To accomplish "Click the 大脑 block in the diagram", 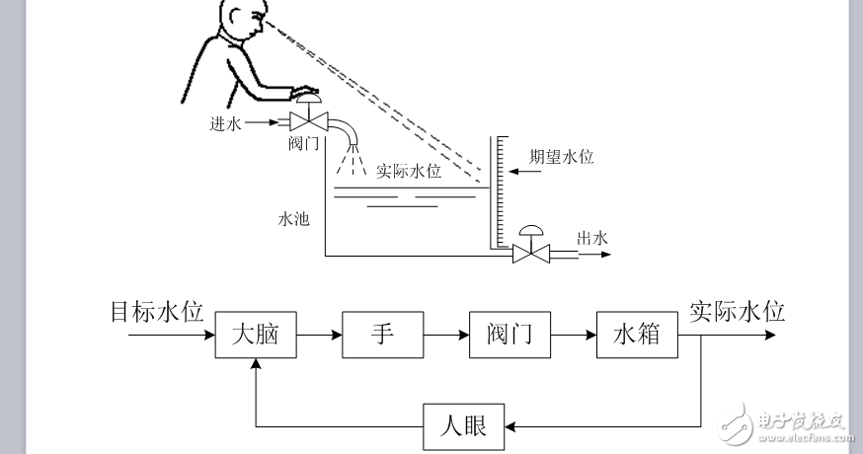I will (256, 336).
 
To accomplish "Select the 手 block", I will (383, 336).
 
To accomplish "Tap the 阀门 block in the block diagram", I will (510, 336).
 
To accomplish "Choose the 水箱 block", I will (637, 336).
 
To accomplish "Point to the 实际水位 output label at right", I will (737, 312).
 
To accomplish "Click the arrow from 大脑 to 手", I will (319, 336).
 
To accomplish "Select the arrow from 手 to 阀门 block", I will (446, 336).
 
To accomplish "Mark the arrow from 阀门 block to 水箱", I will (573, 336).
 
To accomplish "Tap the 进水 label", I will (224, 123).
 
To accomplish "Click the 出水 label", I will (590, 238).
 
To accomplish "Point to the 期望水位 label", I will (561, 156).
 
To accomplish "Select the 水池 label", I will (293, 219).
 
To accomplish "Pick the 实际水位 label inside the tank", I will (409, 171).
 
